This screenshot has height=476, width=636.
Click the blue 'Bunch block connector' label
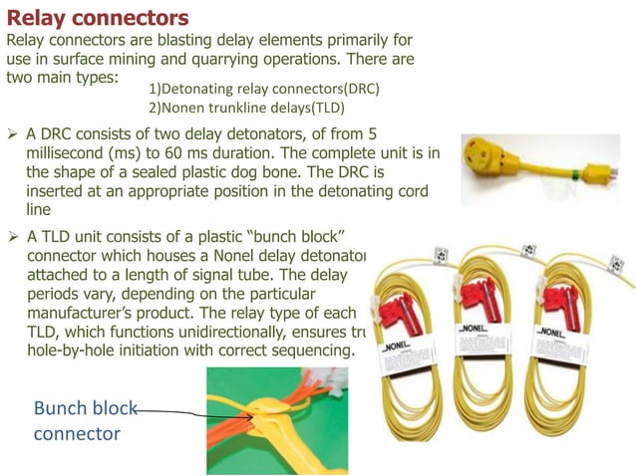[x=78, y=421]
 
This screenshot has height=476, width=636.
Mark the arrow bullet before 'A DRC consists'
[x=13, y=133]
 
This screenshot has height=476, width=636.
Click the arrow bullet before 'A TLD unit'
[x=13, y=237]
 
